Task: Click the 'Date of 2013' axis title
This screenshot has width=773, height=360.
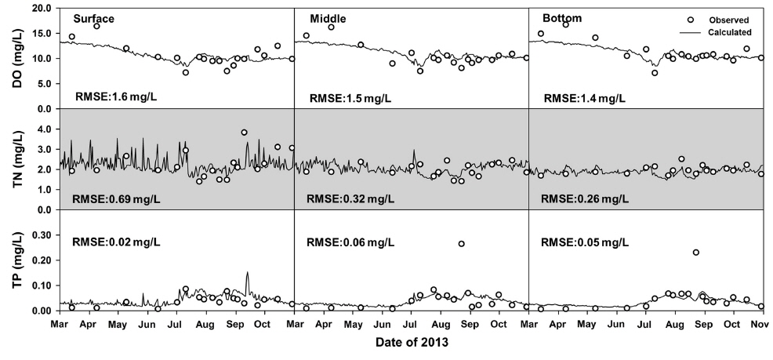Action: click(x=412, y=343)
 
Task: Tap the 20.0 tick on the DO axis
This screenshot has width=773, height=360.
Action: click(x=41, y=9)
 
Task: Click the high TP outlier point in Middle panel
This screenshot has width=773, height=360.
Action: click(x=462, y=244)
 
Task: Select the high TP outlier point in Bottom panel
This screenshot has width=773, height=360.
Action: click(x=695, y=253)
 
